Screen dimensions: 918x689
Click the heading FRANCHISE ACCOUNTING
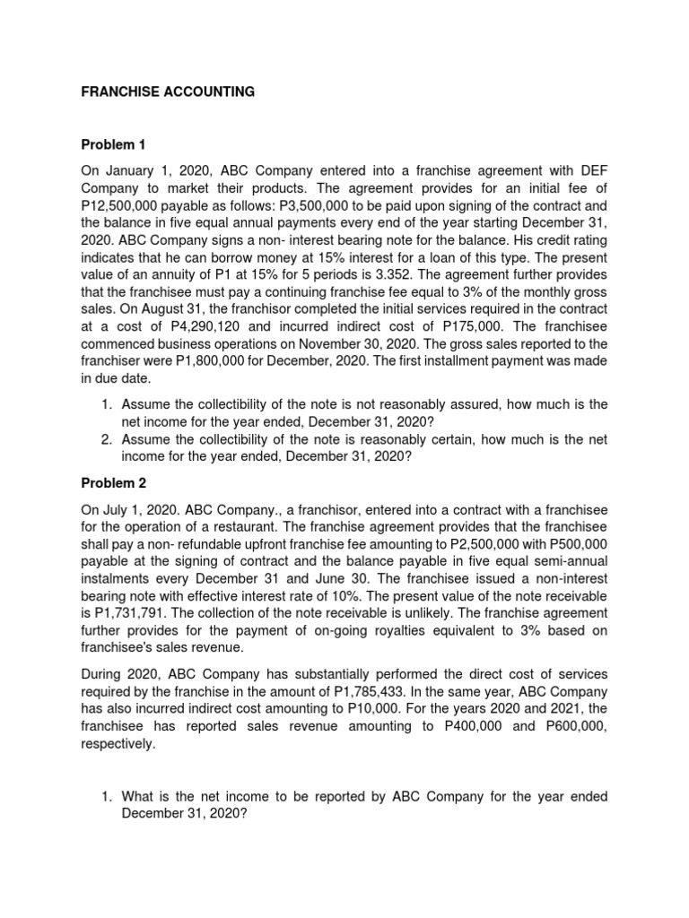point(169,91)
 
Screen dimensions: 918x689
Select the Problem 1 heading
point(113,143)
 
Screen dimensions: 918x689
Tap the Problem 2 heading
point(113,483)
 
